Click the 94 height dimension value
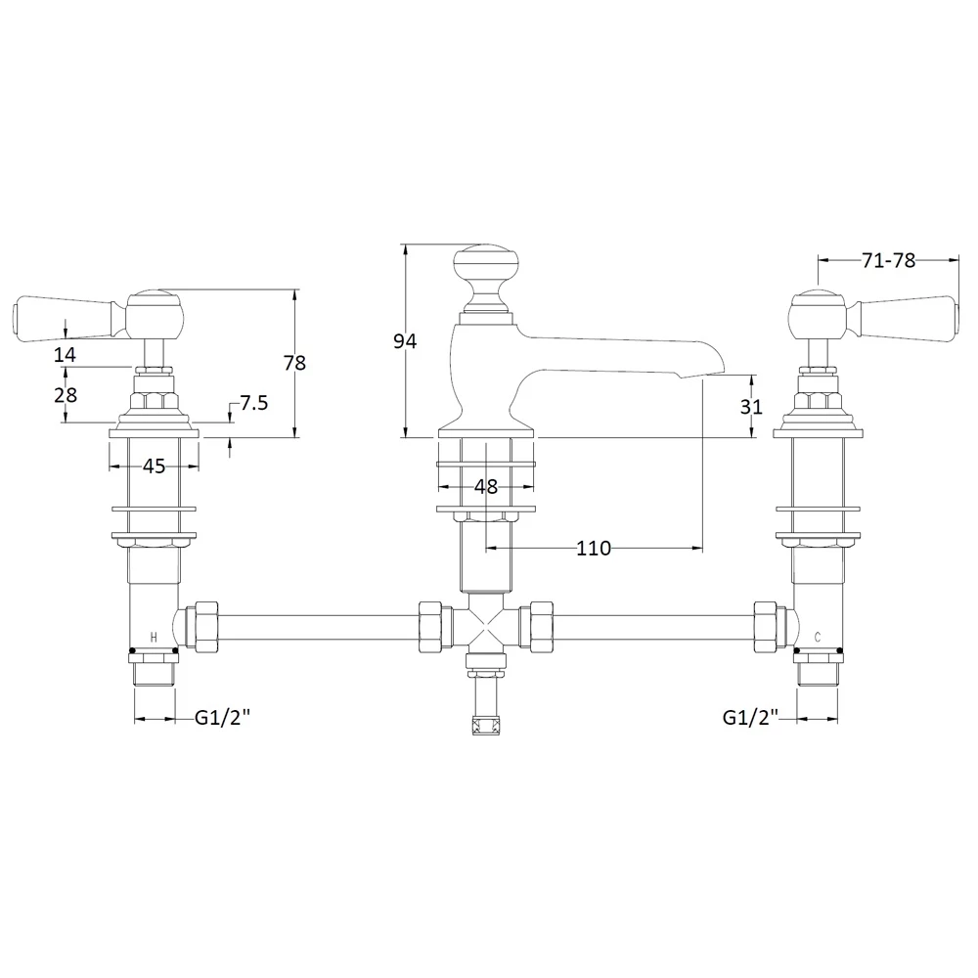405,341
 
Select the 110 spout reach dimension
594,549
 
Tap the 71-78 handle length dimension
888,260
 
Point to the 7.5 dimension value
254,403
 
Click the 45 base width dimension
155,466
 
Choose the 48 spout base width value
486,486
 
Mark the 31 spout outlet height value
751,407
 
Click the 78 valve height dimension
294,363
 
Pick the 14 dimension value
65,355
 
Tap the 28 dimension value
66,395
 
